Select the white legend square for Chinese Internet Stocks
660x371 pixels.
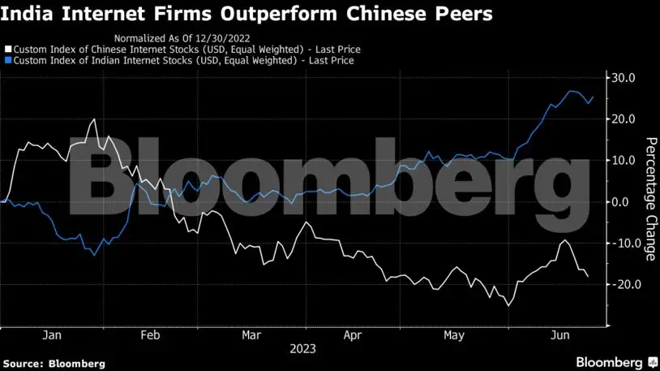click(x=6, y=50)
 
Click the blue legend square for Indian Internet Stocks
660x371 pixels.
click(x=6, y=60)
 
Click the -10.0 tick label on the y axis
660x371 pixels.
click(x=625, y=244)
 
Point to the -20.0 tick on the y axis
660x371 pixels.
click(x=625, y=285)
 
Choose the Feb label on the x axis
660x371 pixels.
click(x=151, y=334)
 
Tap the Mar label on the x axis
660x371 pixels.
click(x=251, y=334)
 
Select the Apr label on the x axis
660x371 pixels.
click(x=352, y=334)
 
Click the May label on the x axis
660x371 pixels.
click(x=452, y=334)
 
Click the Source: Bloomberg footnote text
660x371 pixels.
click(x=54, y=363)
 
